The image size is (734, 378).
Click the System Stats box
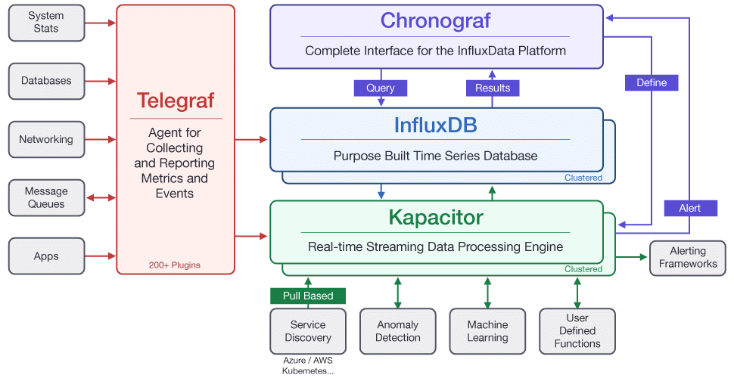click(46, 23)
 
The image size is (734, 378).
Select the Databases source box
click(46, 81)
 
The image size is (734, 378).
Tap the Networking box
click(46, 140)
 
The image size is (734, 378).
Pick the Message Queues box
click(46, 197)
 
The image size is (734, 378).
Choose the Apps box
click(46, 256)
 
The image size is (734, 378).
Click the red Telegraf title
click(176, 101)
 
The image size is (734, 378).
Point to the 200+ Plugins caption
click(175, 265)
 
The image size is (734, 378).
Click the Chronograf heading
click(435, 20)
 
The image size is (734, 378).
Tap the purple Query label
click(381, 88)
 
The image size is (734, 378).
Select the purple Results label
click(493, 88)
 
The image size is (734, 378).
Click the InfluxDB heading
click(435, 125)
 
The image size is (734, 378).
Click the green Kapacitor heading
click(435, 218)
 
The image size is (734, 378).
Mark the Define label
click(652, 82)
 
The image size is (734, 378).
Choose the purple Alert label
click(689, 208)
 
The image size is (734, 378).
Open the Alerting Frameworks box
click(688, 258)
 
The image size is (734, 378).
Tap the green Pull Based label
click(308, 296)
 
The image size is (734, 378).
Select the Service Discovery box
click(308, 331)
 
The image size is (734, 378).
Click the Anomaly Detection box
click(398, 331)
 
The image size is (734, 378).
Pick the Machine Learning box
click(487, 331)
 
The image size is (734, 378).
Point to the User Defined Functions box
click(577, 331)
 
